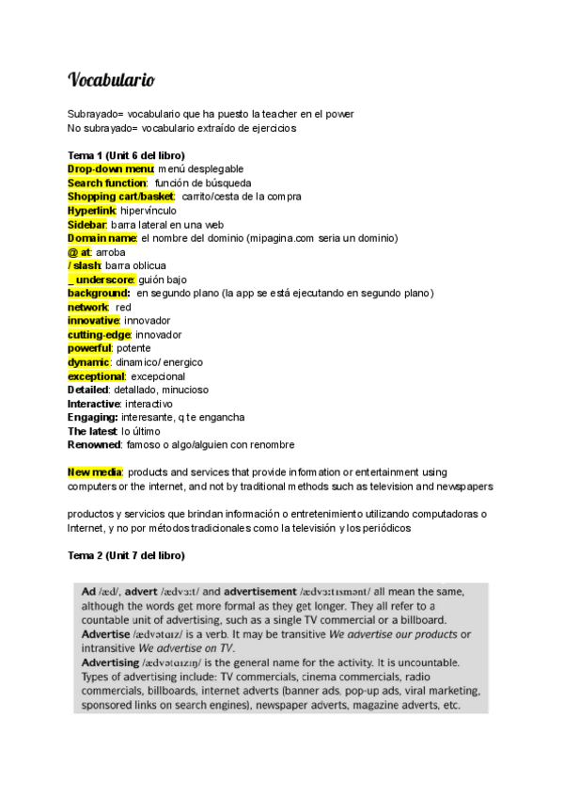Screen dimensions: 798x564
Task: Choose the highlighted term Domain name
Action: (x=102, y=238)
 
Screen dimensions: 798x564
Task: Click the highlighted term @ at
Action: (x=79, y=252)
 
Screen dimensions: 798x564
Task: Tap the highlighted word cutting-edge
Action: (x=100, y=335)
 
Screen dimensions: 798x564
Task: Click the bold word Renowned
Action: (x=94, y=445)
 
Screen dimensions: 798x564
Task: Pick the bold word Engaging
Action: (x=92, y=418)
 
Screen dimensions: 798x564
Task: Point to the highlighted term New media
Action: (x=95, y=472)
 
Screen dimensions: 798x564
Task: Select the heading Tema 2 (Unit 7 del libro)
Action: (x=126, y=556)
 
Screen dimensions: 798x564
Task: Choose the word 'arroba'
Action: (x=111, y=252)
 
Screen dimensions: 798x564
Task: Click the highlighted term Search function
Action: (x=107, y=183)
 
